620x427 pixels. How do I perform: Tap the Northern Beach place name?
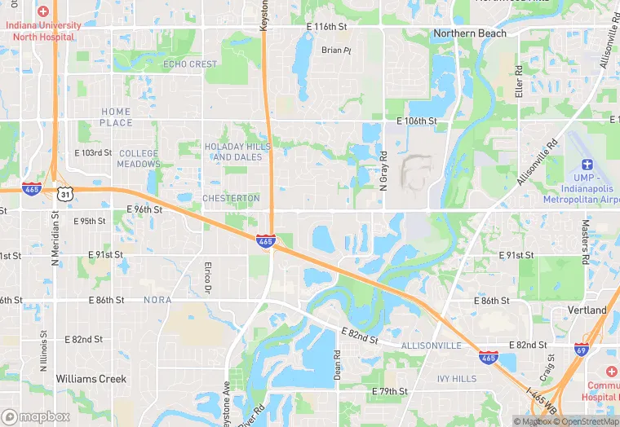click(x=470, y=33)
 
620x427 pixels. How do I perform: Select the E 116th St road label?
click(x=326, y=27)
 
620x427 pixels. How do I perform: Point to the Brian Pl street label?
click(x=335, y=50)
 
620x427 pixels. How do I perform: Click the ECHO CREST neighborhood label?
click(x=190, y=64)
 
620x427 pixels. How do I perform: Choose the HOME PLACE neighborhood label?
click(x=116, y=117)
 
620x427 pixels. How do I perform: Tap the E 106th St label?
click(x=417, y=121)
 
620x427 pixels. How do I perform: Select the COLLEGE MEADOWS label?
click(x=139, y=158)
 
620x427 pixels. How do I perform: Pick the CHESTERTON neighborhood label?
click(x=230, y=198)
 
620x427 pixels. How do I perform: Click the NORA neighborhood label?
click(x=158, y=300)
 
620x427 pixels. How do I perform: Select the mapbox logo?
click(x=36, y=416)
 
